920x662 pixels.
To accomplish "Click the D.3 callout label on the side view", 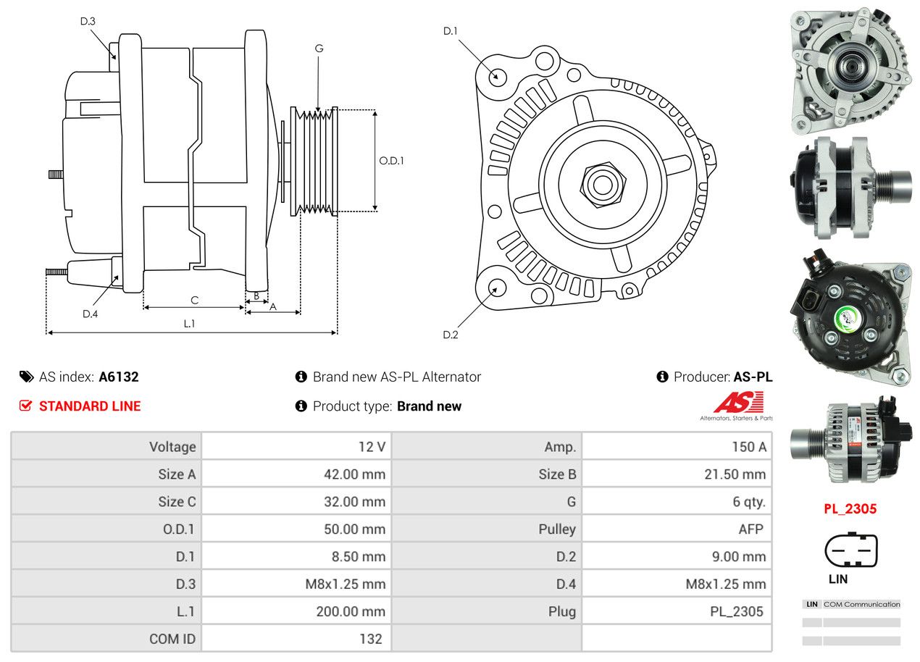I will tap(88, 21).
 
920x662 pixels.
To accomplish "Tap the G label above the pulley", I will tap(319, 49).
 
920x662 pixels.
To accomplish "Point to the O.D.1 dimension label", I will tap(392, 161).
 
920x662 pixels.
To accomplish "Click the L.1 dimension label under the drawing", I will tap(189, 324).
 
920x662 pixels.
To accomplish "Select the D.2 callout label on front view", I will tap(451, 335).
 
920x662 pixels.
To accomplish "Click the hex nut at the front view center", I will tap(601, 184).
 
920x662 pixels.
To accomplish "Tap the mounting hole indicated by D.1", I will tap(497, 76).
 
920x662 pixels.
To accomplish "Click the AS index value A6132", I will tap(119, 377).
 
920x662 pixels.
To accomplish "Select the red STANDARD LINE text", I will tap(90, 406).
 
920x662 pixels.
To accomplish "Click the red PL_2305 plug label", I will tap(850, 508).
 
